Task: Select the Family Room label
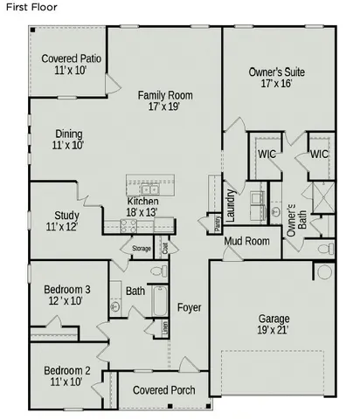[164, 100]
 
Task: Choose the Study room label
[66, 221]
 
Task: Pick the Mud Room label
[246, 241]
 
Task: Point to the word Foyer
[190, 307]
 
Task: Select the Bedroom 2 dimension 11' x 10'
[66, 381]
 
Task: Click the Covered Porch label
[163, 389]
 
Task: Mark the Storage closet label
[142, 250]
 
